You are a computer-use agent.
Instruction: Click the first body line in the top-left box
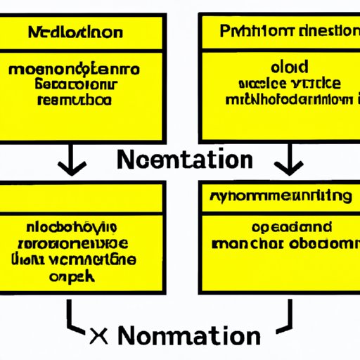point(74,70)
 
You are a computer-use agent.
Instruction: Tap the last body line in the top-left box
point(74,99)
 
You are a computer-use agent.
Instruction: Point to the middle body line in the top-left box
point(74,84)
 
